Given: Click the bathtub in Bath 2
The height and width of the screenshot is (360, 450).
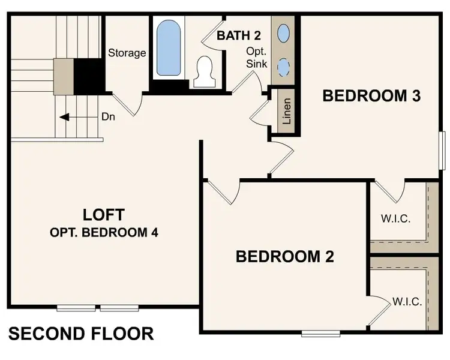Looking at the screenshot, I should click(x=169, y=47).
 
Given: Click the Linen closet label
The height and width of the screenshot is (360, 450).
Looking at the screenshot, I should click(x=286, y=111).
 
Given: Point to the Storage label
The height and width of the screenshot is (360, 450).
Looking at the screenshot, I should click(x=127, y=53).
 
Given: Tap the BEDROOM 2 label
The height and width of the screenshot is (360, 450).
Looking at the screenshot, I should click(x=284, y=257).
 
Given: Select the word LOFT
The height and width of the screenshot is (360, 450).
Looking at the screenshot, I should click(x=104, y=214).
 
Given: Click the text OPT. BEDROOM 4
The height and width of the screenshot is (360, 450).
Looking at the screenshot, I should click(x=104, y=232).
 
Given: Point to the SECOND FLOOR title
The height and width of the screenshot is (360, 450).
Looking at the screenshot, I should click(x=81, y=333).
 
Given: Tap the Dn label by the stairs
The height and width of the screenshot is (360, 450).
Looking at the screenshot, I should click(x=109, y=117).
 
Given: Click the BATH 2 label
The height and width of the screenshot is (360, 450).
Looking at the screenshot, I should click(x=238, y=36).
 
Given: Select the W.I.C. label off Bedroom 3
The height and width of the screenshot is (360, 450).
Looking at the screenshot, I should click(x=395, y=218).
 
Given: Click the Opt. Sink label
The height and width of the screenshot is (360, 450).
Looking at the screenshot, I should click(x=256, y=58).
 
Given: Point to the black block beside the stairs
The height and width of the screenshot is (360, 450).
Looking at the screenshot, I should click(x=88, y=75).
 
